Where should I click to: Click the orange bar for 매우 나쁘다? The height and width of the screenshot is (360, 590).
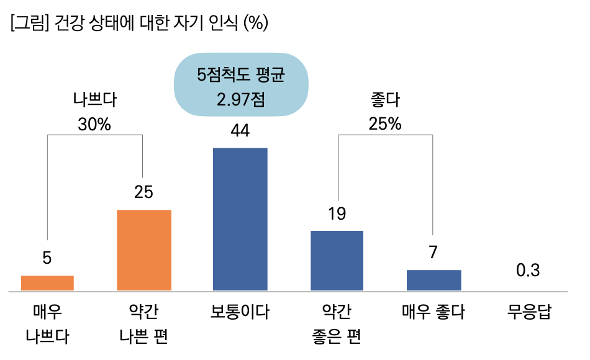(x=47, y=283)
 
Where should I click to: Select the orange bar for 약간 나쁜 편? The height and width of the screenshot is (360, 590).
(x=144, y=250)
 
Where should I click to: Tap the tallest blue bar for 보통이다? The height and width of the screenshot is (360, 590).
(x=240, y=219)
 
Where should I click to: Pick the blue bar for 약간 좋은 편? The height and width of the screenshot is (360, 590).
(x=337, y=261)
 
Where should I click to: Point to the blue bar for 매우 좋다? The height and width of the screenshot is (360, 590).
(x=433, y=280)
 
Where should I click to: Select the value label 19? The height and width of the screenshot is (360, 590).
(x=337, y=214)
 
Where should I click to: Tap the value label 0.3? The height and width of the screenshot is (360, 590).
(x=528, y=271)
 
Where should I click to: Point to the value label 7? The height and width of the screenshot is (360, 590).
(x=433, y=253)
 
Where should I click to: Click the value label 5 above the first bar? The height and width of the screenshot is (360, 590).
(x=47, y=258)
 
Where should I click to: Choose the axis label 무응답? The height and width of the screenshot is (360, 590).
(x=529, y=311)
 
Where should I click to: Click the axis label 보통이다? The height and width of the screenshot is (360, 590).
(x=240, y=311)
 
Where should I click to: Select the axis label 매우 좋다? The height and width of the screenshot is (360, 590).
(x=433, y=311)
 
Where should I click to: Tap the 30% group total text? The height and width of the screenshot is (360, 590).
(x=94, y=124)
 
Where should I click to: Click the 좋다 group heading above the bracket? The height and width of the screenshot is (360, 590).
(x=385, y=99)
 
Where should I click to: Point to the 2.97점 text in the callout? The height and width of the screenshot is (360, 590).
(x=240, y=99)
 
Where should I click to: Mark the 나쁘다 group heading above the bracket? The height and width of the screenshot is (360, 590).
(x=94, y=99)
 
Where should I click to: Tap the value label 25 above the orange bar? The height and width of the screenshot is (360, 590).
(x=144, y=192)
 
